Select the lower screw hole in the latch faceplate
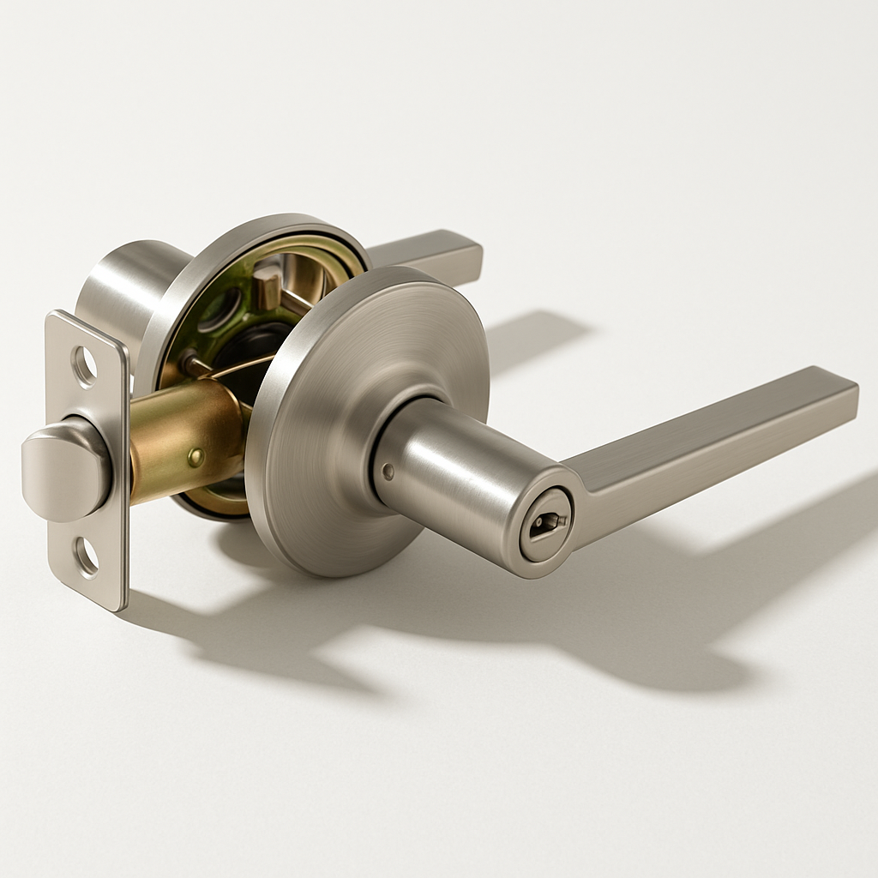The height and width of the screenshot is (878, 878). [87, 556]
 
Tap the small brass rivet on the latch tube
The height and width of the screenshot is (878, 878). [195, 457]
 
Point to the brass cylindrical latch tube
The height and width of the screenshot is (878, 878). [184, 437]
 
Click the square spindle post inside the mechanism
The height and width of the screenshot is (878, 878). [267, 288]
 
